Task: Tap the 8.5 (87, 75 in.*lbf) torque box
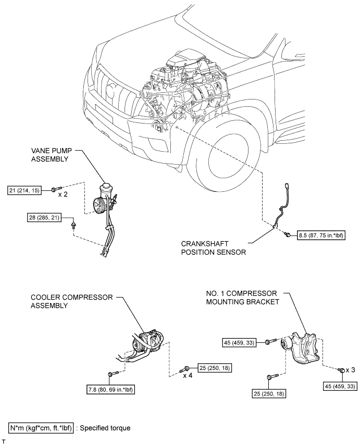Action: (x=321, y=236)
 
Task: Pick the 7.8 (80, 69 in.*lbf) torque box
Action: (x=109, y=390)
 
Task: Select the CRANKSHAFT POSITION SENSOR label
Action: (x=214, y=248)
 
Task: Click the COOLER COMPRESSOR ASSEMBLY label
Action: (x=72, y=301)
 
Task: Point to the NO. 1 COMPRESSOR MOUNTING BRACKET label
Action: (x=243, y=298)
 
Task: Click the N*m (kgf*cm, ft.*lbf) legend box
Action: (x=41, y=428)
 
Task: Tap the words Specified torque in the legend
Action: (x=105, y=428)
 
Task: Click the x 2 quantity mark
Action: (x=63, y=194)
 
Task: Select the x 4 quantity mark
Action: (x=188, y=376)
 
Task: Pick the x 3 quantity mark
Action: (x=350, y=370)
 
